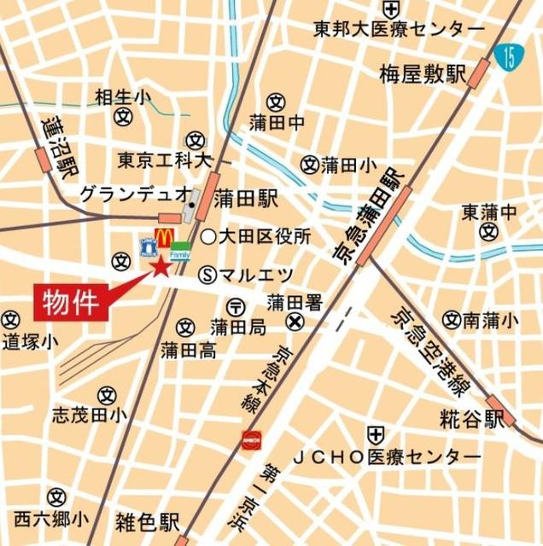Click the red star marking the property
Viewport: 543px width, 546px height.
tap(161, 269)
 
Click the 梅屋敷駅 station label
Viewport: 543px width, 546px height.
tap(422, 76)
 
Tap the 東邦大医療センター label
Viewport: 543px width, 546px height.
tap(398, 30)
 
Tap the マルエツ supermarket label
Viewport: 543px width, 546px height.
tap(257, 275)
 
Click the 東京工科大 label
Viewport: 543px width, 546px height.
tap(165, 160)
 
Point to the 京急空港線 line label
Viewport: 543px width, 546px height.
tap(426, 350)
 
